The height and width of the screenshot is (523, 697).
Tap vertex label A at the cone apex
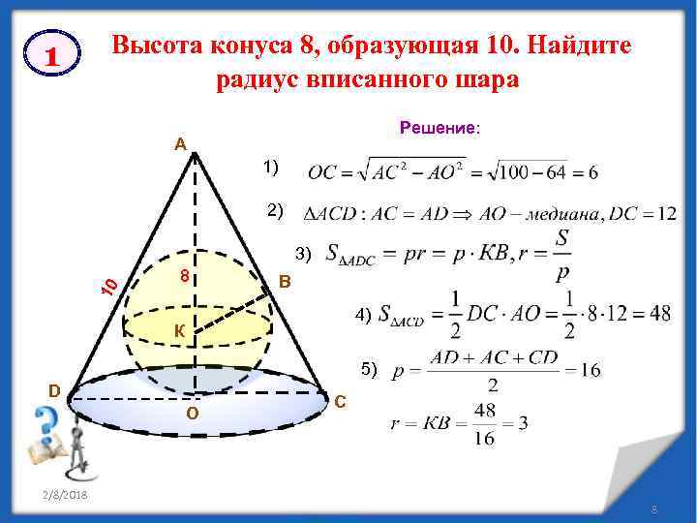point(180,145)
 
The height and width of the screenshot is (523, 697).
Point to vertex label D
point(56,389)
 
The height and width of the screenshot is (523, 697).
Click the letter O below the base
point(192,415)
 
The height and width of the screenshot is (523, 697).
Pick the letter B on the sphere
point(284,282)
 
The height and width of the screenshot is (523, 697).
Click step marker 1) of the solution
point(269,168)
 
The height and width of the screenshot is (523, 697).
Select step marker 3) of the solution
point(304,254)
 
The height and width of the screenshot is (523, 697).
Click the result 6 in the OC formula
point(591,172)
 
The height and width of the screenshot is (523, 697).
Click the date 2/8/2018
point(66,495)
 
